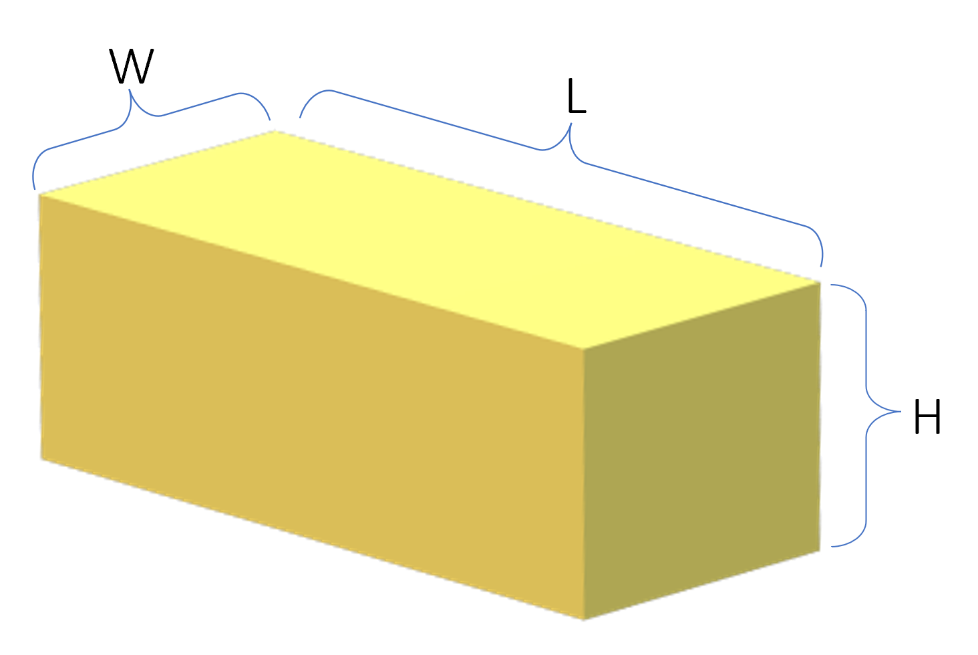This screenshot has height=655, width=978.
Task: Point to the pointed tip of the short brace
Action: [130, 90]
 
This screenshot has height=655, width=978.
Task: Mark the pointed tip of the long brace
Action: [570, 124]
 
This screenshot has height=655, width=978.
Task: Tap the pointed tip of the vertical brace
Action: [900, 412]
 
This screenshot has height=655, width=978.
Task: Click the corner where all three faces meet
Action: [584, 348]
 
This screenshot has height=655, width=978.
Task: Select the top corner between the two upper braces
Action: [276, 130]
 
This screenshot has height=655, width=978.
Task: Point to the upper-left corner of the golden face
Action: [39, 194]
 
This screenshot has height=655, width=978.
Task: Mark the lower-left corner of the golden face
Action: [41, 460]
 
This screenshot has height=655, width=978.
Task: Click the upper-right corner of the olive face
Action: [820, 280]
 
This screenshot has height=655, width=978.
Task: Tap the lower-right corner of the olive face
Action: [820, 553]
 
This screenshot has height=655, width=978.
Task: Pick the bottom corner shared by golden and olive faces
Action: [584, 620]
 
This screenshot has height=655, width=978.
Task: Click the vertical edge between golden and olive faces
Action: [584, 481]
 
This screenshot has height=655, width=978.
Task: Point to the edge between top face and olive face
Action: [701, 314]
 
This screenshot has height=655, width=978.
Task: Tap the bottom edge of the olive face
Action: [701, 587]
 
